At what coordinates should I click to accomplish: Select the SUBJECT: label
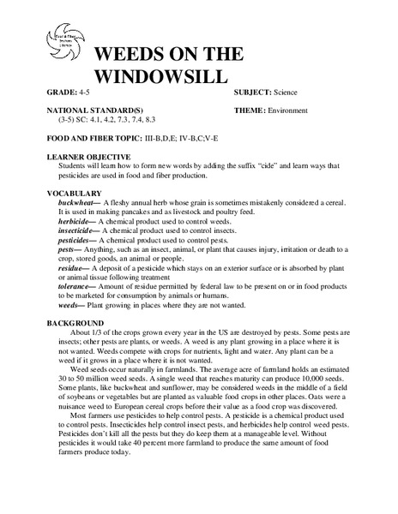256,90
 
